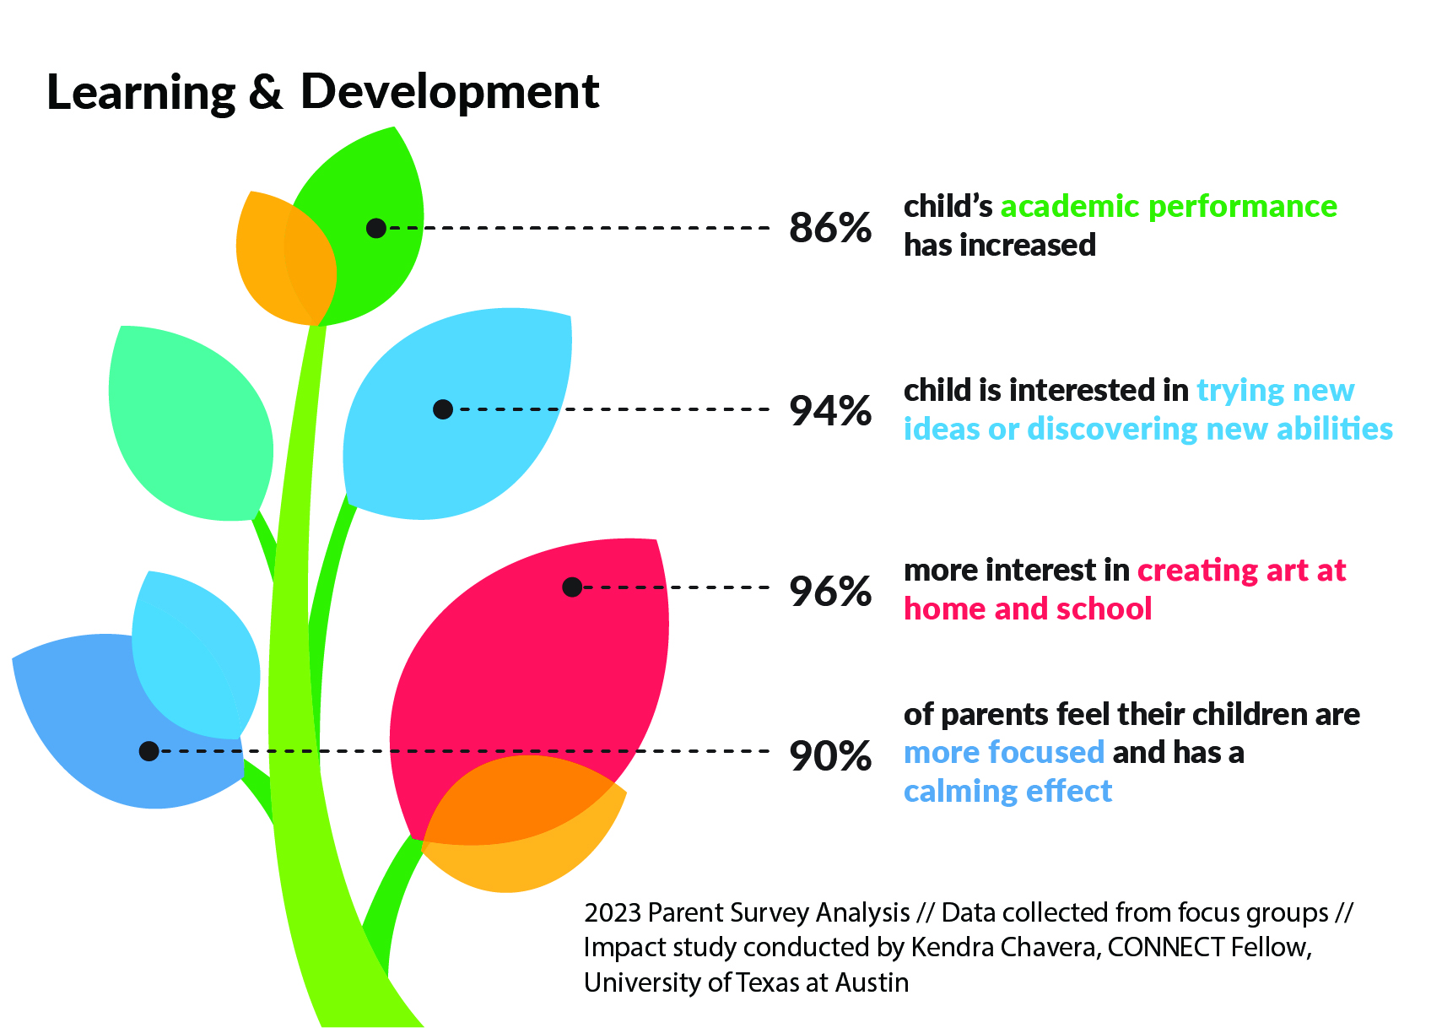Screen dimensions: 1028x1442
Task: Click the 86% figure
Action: tap(830, 228)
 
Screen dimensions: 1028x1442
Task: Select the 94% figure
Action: tap(830, 411)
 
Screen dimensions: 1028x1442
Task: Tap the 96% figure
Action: tap(830, 591)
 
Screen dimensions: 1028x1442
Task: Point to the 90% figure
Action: tap(830, 755)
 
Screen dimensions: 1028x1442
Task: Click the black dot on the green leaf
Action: tap(376, 228)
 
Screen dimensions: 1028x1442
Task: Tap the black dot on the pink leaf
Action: tap(572, 587)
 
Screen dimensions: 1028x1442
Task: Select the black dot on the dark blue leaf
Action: tap(149, 750)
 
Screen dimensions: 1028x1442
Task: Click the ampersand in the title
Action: tap(266, 92)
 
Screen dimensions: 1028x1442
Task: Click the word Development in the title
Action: tap(450, 91)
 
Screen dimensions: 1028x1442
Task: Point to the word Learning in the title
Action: tap(141, 93)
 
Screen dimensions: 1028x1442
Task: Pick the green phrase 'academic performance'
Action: tap(1169, 207)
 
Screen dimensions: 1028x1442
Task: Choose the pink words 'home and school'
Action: tap(1028, 609)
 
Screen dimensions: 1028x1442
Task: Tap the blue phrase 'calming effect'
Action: tap(1007, 792)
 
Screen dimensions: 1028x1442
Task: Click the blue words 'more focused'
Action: tap(1004, 752)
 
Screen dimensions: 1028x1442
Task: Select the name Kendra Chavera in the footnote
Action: tap(1005, 948)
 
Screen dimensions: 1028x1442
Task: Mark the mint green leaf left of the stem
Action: tap(190, 422)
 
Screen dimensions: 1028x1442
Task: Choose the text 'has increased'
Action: tap(1000, 246)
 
